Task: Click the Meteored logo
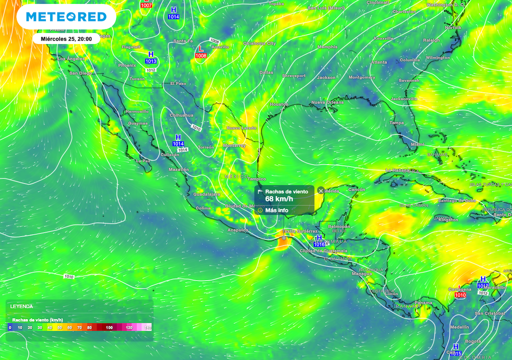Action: coord(66,17)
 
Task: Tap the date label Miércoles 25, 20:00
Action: coord(62,38)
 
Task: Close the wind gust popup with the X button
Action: coord(321,190)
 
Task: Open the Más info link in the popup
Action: coord(276,210)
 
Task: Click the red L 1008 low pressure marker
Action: coord(200,52)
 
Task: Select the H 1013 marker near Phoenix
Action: coord(151,57)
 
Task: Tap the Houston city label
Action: coord(279,104)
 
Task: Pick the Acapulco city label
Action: coord(237,230)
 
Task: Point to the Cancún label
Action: coord(356,189)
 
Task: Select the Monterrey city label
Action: coord(234,145)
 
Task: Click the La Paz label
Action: coord(143,161)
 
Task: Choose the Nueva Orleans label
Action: coord(327,102)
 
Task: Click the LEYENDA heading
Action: coord(21,306)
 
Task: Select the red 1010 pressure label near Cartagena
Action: coord(460,295)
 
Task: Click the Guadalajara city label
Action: coord(206,193)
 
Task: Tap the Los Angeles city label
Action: coord(71,59)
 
